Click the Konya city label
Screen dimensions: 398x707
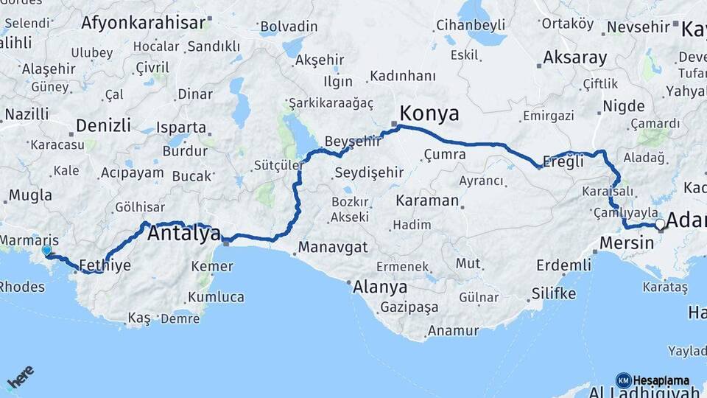[429, 114]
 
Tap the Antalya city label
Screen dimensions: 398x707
[184, 234]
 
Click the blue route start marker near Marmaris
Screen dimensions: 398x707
[47, 251]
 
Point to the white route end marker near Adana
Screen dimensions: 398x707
[661, 224]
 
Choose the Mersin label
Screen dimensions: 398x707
[627, 242]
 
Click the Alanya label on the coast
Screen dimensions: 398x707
[380, 286]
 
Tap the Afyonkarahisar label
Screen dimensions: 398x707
[143, 23]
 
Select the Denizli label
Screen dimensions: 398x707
[103, 125]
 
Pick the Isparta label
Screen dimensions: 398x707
[181, 127]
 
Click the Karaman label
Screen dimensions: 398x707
[427, 200]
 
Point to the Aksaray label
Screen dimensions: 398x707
[575, 57]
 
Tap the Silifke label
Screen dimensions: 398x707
[553, 293]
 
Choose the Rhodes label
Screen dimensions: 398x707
[21, 286]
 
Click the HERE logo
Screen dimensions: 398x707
[20, 377]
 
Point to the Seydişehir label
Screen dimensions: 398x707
[369, 172]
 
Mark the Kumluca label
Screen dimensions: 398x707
[216, 297]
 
